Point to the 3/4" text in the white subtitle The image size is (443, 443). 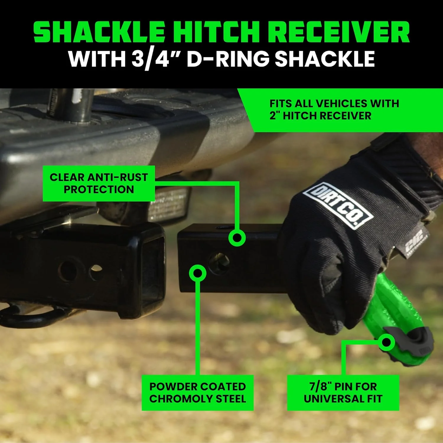[150, 58]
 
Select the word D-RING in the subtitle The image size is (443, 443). [228, 58]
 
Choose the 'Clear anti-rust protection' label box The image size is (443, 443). [99, 183]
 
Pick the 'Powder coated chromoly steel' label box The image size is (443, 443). [197, 392]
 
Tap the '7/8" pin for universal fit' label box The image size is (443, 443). [343, 392]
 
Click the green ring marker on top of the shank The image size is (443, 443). [237, 238]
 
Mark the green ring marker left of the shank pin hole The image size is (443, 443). [198, 273]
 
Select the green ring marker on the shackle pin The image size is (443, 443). [386, 342]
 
